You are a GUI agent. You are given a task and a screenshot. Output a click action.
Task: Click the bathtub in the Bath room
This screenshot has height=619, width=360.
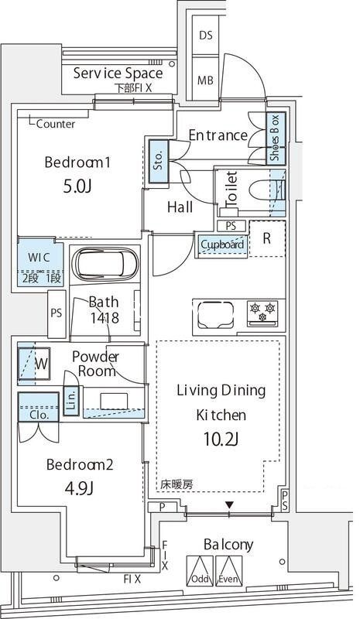(106, 264)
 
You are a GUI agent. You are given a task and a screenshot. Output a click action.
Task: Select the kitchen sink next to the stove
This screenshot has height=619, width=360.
(215, 315)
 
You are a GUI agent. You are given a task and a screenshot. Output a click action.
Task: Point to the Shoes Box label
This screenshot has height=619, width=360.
(275, 138)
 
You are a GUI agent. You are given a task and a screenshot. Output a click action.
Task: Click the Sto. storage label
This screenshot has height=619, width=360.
(158, 161)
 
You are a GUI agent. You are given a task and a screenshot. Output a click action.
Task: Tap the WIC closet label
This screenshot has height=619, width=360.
(39, 258)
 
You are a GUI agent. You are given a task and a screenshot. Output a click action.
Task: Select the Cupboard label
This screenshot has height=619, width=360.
(222, 245)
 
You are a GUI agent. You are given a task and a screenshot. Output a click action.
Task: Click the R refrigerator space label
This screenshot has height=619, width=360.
(267, 238)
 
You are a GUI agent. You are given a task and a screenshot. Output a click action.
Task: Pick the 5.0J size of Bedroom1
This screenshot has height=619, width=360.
(77, 186)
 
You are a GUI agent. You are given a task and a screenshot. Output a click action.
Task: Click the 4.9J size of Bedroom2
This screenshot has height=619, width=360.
(79, 489)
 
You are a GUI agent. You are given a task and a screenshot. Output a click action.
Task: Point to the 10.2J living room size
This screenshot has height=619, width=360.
(221, 439)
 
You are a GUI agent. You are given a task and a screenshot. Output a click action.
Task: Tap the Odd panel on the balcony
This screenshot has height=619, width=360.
(200, 571)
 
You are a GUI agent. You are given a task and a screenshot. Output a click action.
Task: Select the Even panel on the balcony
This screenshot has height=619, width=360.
(229, 571)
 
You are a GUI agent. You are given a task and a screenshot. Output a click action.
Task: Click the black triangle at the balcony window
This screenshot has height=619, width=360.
(230, 504)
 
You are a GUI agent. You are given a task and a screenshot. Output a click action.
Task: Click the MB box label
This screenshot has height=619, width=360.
(205, 80)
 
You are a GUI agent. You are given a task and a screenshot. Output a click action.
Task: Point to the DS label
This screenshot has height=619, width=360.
(205, 36)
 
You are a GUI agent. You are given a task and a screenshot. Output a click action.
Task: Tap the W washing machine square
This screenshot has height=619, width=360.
(34, 364)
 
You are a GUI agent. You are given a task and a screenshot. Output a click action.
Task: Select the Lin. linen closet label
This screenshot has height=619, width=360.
(71, 399)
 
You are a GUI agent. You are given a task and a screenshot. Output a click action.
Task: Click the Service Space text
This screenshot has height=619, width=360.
(118, 74)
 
